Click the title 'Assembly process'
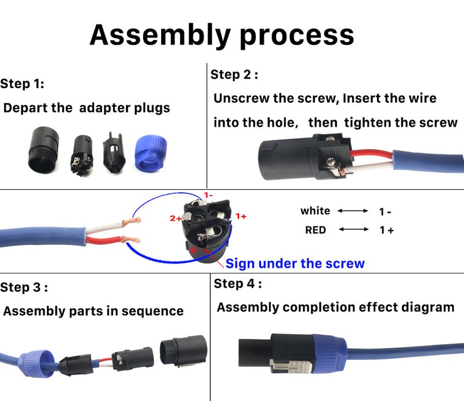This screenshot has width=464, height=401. click(x=222, y=35)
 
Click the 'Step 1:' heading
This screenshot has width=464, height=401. click(x=22, y=84)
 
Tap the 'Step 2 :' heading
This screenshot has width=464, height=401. click(x=234, y=74)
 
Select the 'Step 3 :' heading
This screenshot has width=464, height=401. click(x=24, y=287)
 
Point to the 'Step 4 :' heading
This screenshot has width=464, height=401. click(x=238, y=284)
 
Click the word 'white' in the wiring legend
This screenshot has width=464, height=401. click(x=315, y=211)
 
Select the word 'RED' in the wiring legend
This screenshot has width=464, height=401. click(x=316, y=230)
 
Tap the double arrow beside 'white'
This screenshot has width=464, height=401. click(x=353, y=211)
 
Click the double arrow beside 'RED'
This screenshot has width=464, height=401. click(x=354, y=230)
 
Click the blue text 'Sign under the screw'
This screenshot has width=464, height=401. click(x=295, y=263)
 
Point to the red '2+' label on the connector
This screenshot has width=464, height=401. click(x=175, y=218)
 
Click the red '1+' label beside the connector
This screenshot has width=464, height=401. click(x=241, y=216)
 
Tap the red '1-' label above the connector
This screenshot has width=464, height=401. click(x=208, y=196)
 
